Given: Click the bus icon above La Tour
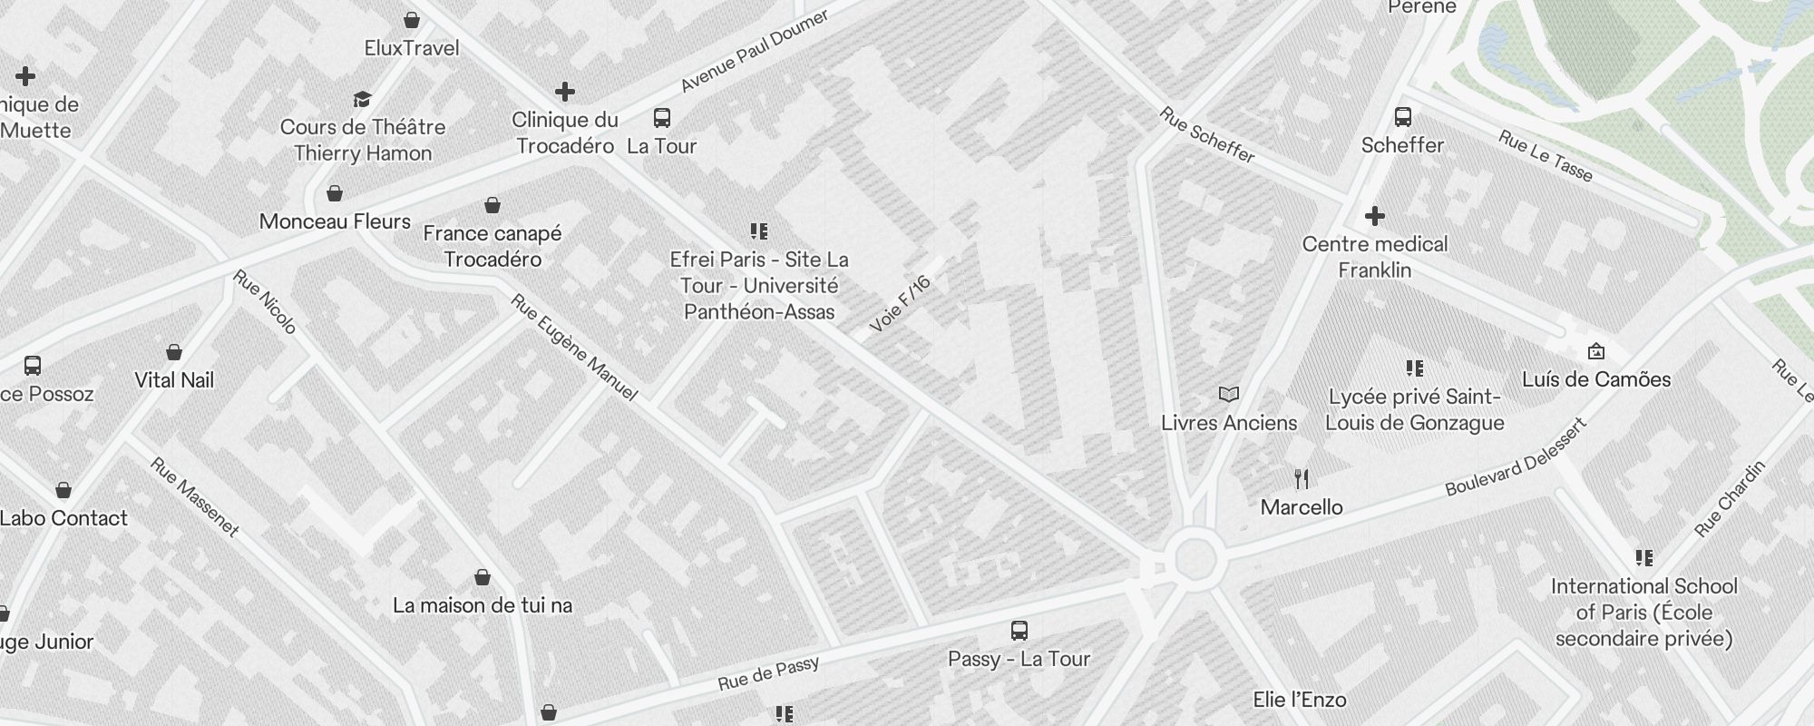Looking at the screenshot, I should click(x=662, y=118).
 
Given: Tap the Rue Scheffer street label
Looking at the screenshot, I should click(x=1207, y=135).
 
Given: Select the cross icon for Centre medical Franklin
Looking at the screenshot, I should click(x=1375, y=216).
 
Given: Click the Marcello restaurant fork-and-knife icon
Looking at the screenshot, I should click(x=1302, y=478).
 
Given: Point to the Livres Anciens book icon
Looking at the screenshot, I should click(x=1229, y=395).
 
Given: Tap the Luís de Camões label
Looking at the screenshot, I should click(x=1596, y=379).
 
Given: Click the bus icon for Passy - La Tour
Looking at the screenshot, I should click(x=1019, y=631).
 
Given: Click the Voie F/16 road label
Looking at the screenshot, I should click(x=900, y=303).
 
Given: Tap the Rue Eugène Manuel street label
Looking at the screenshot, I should click(x=574, y=348).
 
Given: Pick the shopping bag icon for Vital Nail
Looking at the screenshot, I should click(x=174, y=352).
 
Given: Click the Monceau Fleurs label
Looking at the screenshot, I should click(x=335, y=221).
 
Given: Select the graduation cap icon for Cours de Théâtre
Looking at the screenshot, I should click(x=363, y=99).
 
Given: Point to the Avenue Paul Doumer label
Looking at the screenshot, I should click(x=755, y=51).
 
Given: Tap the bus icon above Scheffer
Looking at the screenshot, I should click(x=1403, y=117).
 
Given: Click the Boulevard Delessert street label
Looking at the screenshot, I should click(x=1516, y=456).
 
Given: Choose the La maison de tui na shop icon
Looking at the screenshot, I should click(x=483, y=577).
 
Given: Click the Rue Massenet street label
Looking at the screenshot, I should click(x=195, y=497).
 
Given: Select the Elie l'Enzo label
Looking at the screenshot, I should click(x=1299, y=700).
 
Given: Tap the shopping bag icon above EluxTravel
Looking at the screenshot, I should click(x=412, y=20).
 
